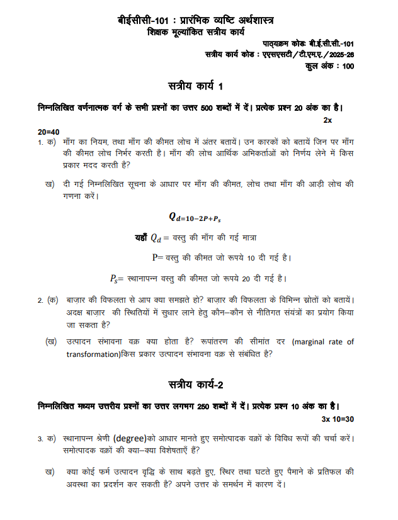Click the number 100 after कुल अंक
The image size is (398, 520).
click(348, 66)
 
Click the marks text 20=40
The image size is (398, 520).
click(48, 132)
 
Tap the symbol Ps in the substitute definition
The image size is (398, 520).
click(114, 278)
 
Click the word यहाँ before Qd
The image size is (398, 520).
click(140, 238)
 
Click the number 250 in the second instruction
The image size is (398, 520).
click(207, 407)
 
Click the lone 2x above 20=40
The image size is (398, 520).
click(327, 120)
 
